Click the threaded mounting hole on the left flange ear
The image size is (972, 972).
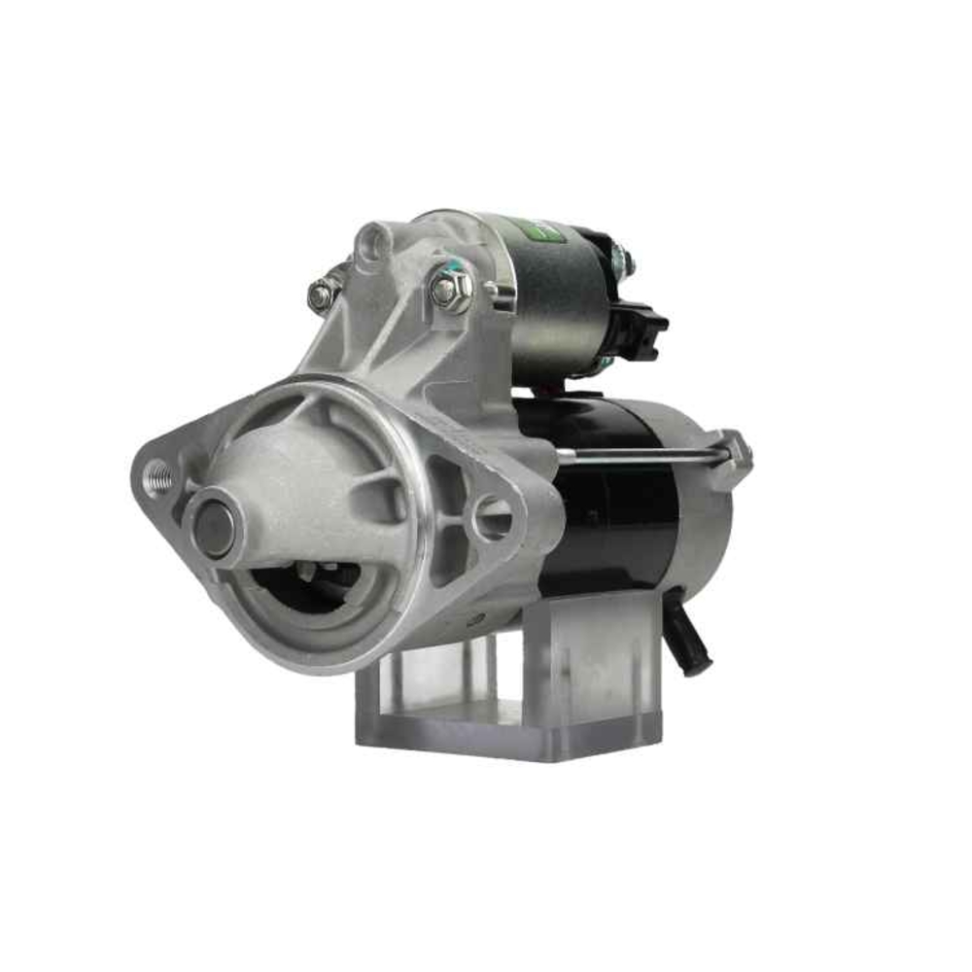pyautogui.click(x=158, y=477)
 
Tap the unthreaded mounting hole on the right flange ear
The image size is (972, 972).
pyautogui.click(x=492, y=517)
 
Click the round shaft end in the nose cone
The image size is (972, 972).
pyautogui.click(x=214, y=528)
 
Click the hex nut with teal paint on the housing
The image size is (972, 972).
pyautogui.click(x=449, y=289)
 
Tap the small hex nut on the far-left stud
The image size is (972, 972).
pyautogui.click(x=322, y=295)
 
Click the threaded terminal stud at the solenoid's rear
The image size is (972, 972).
pyautogui.click(x=623, y=260)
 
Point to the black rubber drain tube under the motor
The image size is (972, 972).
pyautogui.click(x=689, y=637)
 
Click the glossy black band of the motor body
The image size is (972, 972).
pyautogui.click(x=603, y=505)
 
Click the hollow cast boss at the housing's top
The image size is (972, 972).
pyautogui.click(x=372, y=244)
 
